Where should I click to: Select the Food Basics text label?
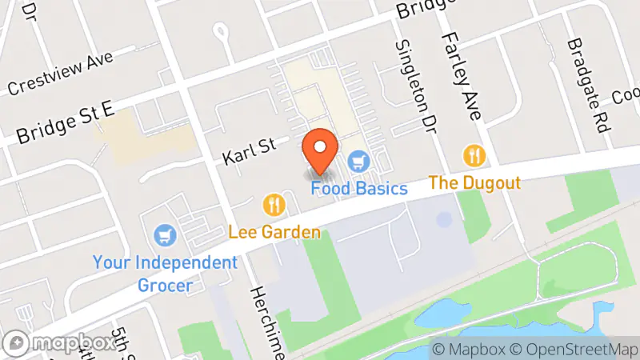pyautogui.click(x=360, y=190)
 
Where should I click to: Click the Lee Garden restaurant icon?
pyautogui.click(x=274, y=206)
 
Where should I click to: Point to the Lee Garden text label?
pyautogui.click(x=274, y=233)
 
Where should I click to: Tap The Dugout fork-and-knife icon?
pyautogui.click(x=475, y=154)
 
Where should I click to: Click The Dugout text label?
pyautogui.click(x=475, y=182)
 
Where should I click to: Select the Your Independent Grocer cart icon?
pyautogui.click(x=165, y=235)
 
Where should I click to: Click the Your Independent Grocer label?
pyautogui.click(x=165, y=273)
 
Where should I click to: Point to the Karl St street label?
pyautogui.click(x=249, y=147)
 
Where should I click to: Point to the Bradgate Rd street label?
pyautogui.click(x=583, y=75)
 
